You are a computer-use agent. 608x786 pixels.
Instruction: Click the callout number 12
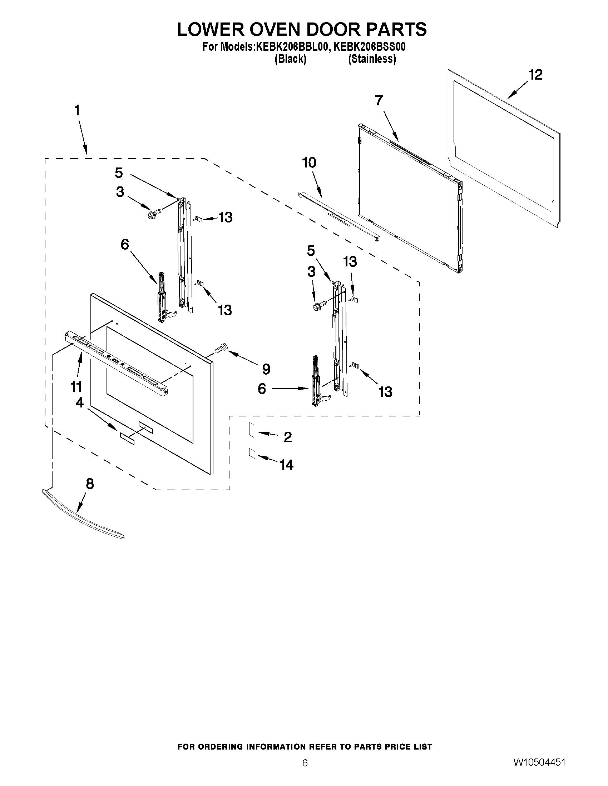[535, 75]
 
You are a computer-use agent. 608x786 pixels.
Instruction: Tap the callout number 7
[379, 100]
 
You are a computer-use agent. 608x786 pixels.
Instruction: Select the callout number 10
[309, 163]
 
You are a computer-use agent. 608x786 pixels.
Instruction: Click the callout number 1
[77, 110]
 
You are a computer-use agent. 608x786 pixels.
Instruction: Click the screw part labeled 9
[221, 348]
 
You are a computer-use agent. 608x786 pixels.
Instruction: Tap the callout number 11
[76, 387]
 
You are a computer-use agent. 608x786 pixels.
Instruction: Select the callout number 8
[90, 484]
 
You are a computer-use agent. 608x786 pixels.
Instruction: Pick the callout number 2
[287, 437]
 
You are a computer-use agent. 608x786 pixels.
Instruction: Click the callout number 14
[287, 465]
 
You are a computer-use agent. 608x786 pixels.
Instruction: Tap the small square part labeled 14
[252, 454]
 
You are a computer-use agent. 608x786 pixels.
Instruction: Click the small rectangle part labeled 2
[251, 430]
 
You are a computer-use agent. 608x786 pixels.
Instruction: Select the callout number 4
[80, 402]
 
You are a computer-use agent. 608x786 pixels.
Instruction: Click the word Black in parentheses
[290, 59]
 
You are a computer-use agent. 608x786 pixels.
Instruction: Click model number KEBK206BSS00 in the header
[370, 47]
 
